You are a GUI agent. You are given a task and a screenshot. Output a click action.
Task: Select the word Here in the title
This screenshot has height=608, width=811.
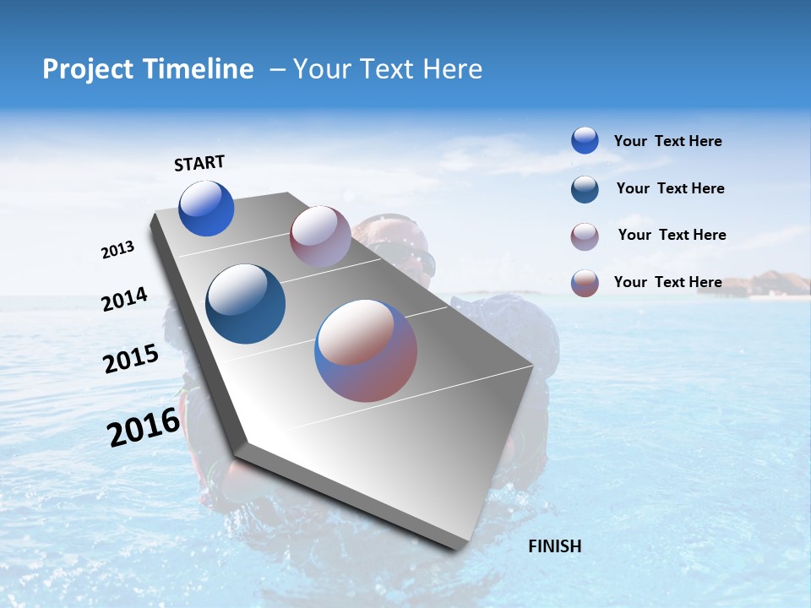click(x=452, y=69)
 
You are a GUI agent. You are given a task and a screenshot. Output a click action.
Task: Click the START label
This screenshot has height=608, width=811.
click(x=199, y=163)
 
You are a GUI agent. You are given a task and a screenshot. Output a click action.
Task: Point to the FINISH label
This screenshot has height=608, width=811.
click(x=554, y=546)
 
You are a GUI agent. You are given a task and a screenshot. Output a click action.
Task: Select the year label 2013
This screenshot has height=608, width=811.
click(x=117, y=250)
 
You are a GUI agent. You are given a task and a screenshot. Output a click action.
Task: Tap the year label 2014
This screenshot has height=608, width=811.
click(x=124, y=300)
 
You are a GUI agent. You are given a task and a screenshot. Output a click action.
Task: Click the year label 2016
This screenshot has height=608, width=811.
click(x=144, y=427)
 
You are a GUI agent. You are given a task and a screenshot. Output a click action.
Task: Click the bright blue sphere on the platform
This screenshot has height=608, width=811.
click(x=206, y=209)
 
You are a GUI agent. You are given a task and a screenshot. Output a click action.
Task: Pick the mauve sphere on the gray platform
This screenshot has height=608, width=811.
click(x=320, y=236)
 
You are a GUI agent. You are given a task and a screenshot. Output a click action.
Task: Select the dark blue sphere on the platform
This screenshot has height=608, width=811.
click(x=246, y=304)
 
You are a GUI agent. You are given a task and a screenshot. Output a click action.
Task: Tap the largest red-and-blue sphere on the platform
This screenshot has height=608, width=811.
click(x=366, y=350)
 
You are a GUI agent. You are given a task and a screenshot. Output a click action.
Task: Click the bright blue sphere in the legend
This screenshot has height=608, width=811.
click(x=585, y=141)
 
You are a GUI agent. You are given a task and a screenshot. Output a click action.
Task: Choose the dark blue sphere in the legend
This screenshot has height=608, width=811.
click(x=585, y=189)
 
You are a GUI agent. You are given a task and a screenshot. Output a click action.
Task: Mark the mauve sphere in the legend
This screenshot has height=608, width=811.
click(x=585, y=236)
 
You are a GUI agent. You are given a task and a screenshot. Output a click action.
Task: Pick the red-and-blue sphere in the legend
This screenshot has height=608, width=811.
click(x=585, y=283)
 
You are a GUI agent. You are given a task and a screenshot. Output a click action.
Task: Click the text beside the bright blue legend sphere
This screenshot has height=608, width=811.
click(x=667, y=142)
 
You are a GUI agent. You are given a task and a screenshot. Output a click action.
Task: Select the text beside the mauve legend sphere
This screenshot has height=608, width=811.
click(x=672, y=235)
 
